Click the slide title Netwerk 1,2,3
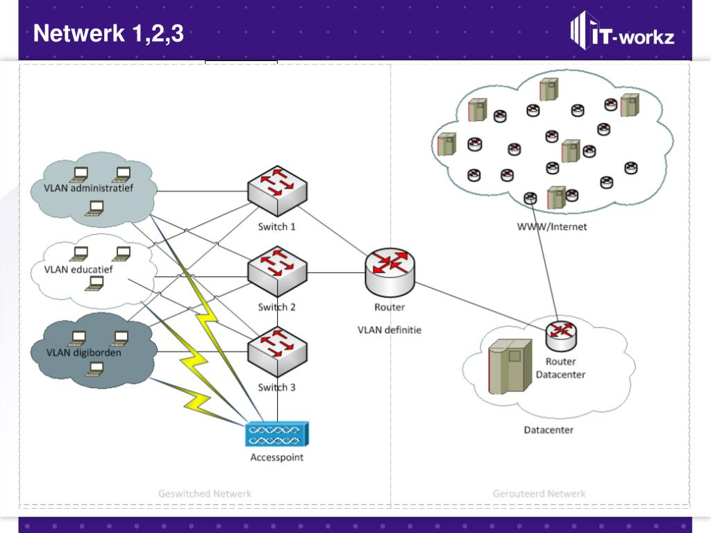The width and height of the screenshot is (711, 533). tap(108, 33)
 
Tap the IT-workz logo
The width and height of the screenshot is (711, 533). tap(622, 32)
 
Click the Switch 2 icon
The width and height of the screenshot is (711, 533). tap(277, 271)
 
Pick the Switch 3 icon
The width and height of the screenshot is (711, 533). tap(277, 351)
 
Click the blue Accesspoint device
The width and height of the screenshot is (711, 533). tap(276, 434)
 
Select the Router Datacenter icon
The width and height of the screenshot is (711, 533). tap(561, 335)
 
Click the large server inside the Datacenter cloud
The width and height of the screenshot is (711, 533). tap(510, 366)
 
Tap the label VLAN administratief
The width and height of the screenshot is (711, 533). tap(88, 187)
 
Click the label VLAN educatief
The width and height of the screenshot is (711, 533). tap(78, 269)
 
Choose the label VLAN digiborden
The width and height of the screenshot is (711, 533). tap(83, 353)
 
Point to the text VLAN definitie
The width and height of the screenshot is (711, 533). tap(390, 330)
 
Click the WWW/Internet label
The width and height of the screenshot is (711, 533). tap(551, 226)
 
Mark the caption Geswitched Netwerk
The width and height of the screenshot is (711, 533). tap(205, 493)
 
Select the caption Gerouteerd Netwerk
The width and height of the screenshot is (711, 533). tap(539, 493)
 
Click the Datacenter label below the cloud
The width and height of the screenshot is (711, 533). tap(549, 430)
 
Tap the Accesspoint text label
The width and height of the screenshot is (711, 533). tap(277, 457)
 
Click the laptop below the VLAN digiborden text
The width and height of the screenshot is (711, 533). tap(94, 369)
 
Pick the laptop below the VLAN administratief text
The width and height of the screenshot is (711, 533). tap(94, 207)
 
